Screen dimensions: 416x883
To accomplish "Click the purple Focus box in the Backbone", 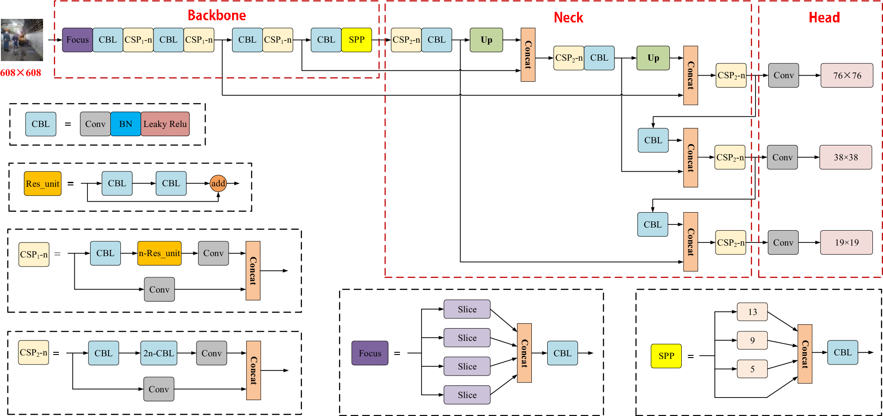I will (77, 40).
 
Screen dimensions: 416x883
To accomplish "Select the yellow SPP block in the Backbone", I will (356, 40).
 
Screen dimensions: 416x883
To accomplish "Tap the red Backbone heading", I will (217, 15).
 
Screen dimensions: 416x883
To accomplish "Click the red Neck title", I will (568, 18).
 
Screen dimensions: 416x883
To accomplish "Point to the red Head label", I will (824, 18).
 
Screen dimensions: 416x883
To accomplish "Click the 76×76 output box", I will (847, 76).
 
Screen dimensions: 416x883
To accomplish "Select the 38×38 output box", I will (846, 157).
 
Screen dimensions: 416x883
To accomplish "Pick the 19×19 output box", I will (846, 242).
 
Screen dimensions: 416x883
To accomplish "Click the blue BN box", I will (126, 124).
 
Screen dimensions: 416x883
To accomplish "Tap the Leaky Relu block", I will (165, 124).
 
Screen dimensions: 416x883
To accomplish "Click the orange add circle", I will (218, 184).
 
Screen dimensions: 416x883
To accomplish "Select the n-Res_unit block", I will (159, 253).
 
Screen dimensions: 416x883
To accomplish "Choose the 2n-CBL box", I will (159, 353).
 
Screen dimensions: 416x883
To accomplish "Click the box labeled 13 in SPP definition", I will (752, 312).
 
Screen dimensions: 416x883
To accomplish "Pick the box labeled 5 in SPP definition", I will (752, 369).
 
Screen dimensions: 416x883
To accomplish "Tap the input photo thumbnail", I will (22, 40).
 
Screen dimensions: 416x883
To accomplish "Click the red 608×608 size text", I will (21, 73).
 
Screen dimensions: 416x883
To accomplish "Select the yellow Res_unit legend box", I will (43, 184).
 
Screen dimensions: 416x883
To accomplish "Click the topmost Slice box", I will (467, 309).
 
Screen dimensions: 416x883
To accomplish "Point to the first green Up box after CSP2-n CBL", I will (486, 40).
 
